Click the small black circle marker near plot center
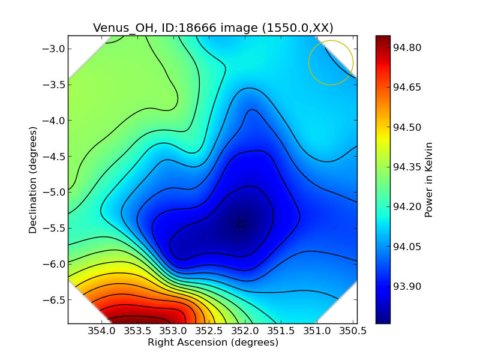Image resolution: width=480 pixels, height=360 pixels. [241, 224]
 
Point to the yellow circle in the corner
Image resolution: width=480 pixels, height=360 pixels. [331, 62]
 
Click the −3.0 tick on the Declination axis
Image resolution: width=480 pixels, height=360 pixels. [52, 49]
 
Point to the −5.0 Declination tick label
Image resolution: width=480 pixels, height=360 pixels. [52, 193]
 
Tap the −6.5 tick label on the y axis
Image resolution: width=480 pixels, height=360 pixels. [52, 300]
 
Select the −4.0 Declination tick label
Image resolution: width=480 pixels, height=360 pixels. [52, 121]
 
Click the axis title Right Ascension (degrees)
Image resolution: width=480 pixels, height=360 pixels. [213, 343]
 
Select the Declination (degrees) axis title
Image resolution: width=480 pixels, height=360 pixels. [32, 179]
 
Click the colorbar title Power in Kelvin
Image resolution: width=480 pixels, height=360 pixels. [428, 179]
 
